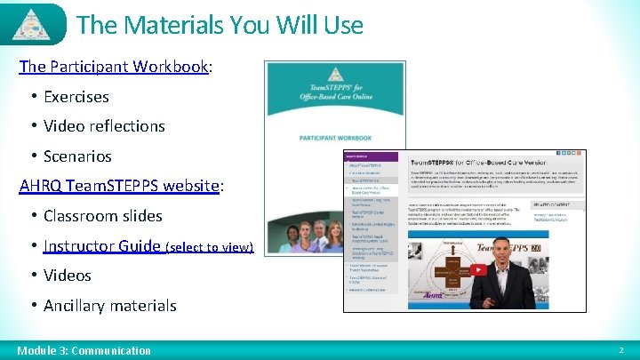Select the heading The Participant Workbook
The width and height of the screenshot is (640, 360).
tap(114, 67)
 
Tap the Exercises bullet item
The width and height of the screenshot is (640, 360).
tap(76, 96)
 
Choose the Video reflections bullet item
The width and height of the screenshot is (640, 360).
tap(104, 126)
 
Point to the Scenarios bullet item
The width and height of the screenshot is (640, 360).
tap(77, 156)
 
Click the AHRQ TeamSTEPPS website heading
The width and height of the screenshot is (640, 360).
tap(119, 186)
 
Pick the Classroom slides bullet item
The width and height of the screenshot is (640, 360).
tap(102, 216)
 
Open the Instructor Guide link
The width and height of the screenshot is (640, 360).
tap(102, 245)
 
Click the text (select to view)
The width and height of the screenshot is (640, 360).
tap(210, 247)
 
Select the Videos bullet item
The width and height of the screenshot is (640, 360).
tap(67, 276)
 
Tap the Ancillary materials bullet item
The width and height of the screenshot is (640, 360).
tap(109, 306)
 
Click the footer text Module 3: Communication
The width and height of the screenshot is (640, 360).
tap(84, 350)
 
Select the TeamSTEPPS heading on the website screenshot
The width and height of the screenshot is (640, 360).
tap(480, 164)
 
